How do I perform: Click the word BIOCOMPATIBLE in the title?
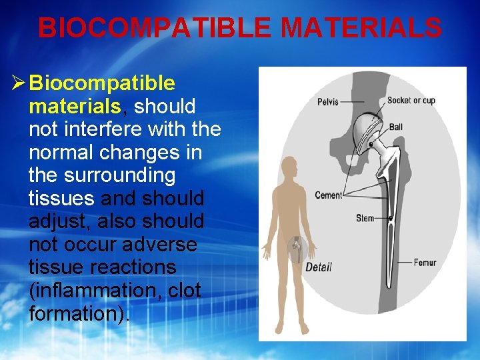point(155,29)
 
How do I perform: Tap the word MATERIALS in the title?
point(361,29)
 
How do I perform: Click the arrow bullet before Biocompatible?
point(18,83)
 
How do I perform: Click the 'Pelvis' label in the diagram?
point(327,102)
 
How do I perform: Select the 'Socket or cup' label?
point(411,101)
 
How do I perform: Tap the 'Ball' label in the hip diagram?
point(396,127)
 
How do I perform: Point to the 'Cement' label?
point(328,195)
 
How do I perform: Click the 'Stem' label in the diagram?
point(365,218)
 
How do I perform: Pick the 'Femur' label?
point(425,263)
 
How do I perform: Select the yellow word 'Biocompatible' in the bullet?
point(103,83)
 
